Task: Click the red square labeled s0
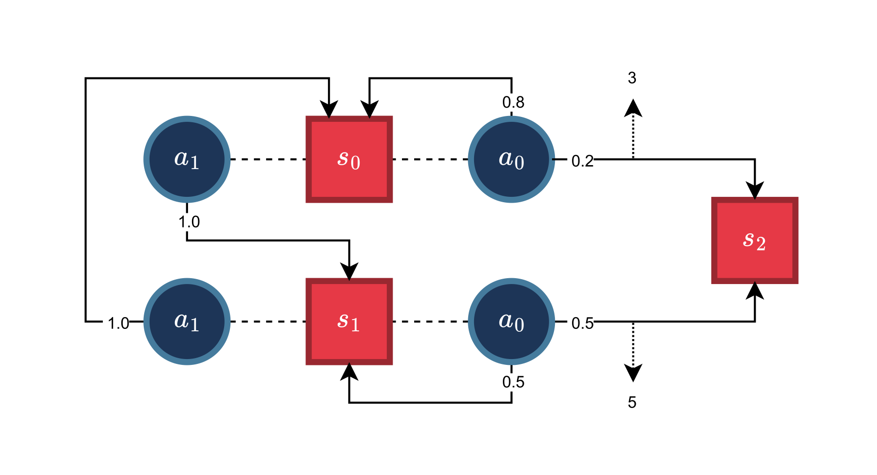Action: [x=349, y=159]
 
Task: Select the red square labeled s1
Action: [x=349, y=322]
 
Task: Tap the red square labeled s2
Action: [x=755, y=240]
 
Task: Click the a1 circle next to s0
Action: [x=187, y=159]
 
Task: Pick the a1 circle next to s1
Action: [x=187, y=322]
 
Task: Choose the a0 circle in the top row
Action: [x=512, y=159]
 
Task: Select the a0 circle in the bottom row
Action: [x=512, y=322]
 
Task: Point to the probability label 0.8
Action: [x=513, y=102]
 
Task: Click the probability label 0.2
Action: [x=582, y=161]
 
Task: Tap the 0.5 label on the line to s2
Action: [x=582, y=323]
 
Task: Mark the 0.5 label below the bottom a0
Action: [x=513, y=382]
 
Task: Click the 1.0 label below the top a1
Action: [x=189, y=222]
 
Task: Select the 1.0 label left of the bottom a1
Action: [x=118, y=323]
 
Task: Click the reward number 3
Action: [x=632, y=78]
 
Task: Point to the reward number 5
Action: [x=632, y=402]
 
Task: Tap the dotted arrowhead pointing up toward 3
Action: [x=633, y=108]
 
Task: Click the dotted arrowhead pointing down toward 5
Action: [x=633, y=373]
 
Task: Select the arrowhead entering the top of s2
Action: [x=755, y=190]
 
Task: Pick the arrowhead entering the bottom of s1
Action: [x=349, y=372]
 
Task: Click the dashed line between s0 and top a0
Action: [x=430, y=159]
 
